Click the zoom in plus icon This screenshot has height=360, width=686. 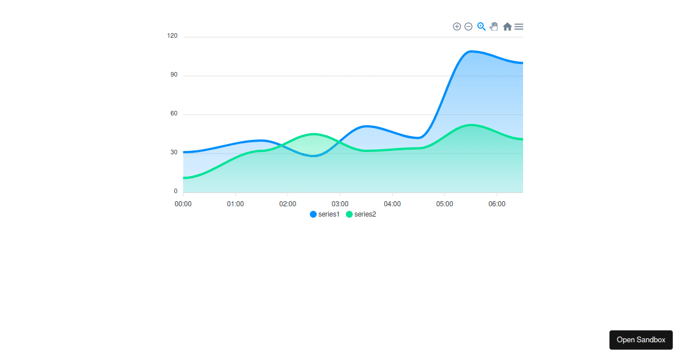(x=457, y=26)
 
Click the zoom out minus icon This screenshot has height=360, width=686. (x=468, y=26)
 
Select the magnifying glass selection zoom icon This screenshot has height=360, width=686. (x=481, y=26)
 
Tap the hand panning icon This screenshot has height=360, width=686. (x=494, y=26)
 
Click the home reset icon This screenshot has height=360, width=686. (x=507, y=26)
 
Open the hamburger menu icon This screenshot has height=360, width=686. (x=519, y=26)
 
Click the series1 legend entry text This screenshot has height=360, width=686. (x=329, y=214)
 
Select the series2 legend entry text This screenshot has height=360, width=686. (x=365, y=214)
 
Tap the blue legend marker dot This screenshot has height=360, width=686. (x=313, y=214)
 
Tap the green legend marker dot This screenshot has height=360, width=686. (x=349, y=214)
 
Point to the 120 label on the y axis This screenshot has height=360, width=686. (x=172, y=36)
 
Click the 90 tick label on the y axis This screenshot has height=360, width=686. (x=174, y=75)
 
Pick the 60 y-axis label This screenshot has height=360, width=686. (x=174, y=114)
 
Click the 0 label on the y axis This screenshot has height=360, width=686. (x=176, y=191)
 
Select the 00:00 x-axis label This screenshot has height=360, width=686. (x=183, y=204)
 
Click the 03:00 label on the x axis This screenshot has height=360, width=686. (x=340, y=204)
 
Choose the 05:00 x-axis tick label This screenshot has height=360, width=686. (x=445, y=204)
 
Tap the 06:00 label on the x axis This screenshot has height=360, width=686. (x=497, y=204)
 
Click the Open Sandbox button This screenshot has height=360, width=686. (x=641, y=339)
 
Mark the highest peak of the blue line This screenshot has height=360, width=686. (x=470, y=51)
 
